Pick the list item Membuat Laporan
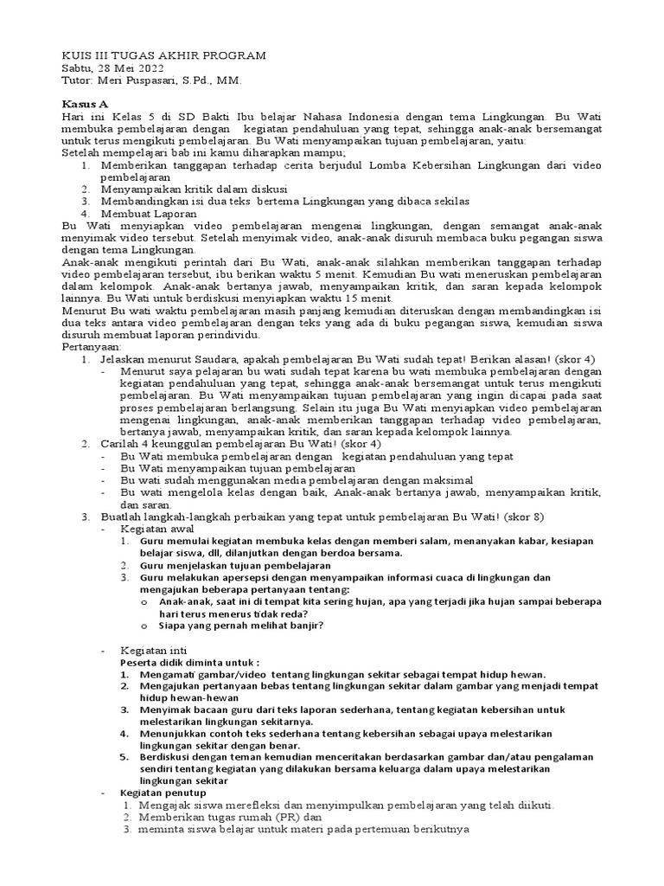coord(148,213)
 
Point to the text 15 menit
coord(367,298)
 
